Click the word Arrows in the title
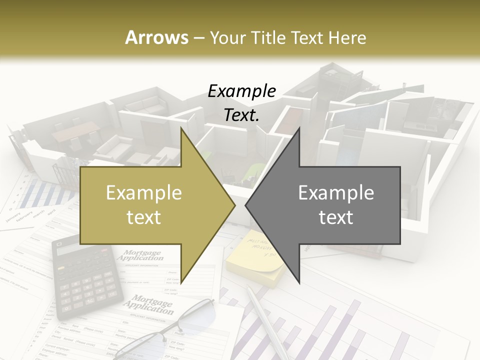(x=156, y=37)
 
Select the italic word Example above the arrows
(x=241, y=91)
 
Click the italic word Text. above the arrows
(x=241, y=115)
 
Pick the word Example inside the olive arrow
(x=144, y=193)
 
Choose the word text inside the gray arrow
(x=336, y=217)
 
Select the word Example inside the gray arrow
(x=336, y=193)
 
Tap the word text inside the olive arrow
(x=144, y=217)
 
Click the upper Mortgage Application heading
(x=140, y=255)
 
